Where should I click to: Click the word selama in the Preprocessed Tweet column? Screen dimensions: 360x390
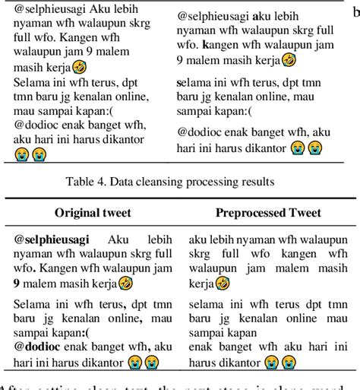[x=207, y=304]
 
